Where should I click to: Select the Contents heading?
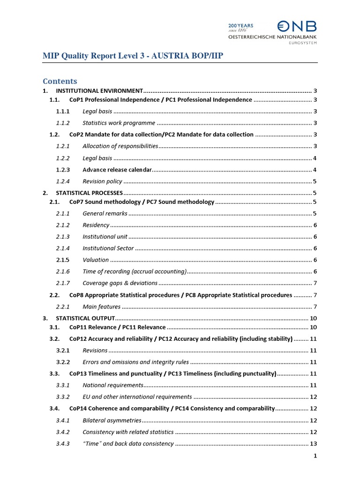point(60,81)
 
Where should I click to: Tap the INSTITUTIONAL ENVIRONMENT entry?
point(99,90)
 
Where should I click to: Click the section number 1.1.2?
point(63,123)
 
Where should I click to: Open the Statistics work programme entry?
point(119,123)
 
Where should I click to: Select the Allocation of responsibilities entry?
point(120,146)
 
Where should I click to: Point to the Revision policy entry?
point(102,181)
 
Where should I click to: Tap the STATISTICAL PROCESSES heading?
point(89,193)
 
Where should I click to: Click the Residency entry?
point(96,225)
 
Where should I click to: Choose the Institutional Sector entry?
point(108,248)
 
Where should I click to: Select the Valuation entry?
point(96,260)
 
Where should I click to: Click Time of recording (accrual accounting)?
point(135,271)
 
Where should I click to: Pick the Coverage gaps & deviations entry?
point(120,283)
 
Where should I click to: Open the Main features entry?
point(101,307)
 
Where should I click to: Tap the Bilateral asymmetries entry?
point(112,420)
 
